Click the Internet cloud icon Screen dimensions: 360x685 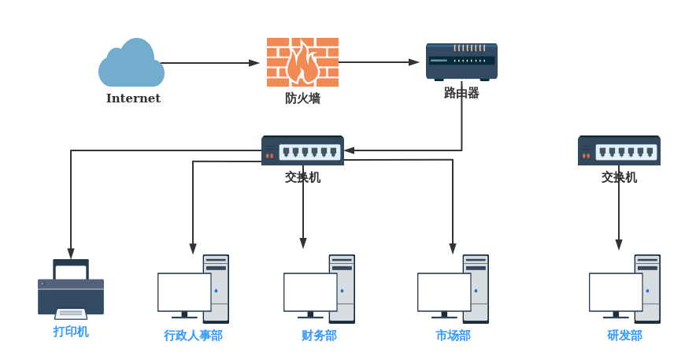point(131,65)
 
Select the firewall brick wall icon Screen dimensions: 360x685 point(302,61)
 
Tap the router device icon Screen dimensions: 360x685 point(461,61)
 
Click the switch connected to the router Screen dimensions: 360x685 point(302,150)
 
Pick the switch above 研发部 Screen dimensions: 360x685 point(619,150)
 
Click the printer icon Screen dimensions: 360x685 point(71,290)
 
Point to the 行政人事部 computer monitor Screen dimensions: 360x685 point(184,292)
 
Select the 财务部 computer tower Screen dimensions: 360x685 point(342,288)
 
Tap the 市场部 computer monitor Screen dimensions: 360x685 point(444,292)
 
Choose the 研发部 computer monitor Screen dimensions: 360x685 point(616,292)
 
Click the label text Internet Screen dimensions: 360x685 point(133,98)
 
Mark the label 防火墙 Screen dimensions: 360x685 point(302,98)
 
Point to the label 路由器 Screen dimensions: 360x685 point(461,93)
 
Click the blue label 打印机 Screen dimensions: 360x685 point(71,332)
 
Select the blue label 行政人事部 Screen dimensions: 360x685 point(193,336)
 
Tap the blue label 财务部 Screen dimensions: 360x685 point(319,336)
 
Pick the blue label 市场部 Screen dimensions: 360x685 point(453,336)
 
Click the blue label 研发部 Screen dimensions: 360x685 point(624,336)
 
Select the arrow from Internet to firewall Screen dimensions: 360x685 point(209,63)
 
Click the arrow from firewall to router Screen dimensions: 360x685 point(379,62)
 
